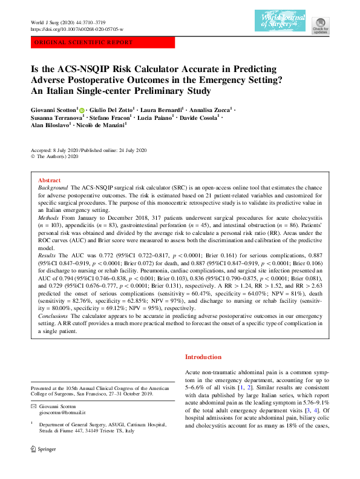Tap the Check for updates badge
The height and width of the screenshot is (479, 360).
point(321,25)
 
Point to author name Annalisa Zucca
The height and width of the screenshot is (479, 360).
point(209,110)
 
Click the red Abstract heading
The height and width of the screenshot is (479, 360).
point(49,180)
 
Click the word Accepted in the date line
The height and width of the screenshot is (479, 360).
point(41,149)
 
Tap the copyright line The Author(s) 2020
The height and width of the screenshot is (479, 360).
point(56,156)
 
